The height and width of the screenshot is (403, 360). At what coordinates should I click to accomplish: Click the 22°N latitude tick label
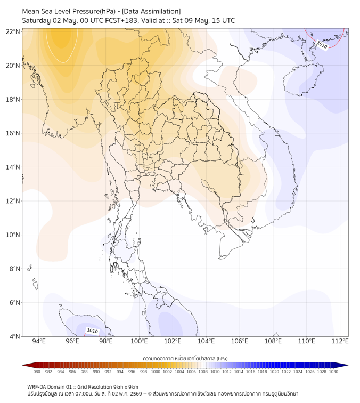(x=13, y=31)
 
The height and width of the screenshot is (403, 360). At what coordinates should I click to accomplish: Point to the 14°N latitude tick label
(x=13, y=167)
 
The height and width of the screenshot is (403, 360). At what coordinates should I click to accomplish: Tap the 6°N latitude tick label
(x=14, y=302)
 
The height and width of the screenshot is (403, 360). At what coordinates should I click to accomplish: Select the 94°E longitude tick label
(x=39, y=341)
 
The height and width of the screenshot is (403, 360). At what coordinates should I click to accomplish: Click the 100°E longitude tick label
(x=139, y=341)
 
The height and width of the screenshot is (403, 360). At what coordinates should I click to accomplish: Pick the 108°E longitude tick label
(x=273, y=341)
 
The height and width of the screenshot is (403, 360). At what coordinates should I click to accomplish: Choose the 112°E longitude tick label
(x=340, y=341)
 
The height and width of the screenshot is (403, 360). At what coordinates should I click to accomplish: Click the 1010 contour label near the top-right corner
(x=322, y=45)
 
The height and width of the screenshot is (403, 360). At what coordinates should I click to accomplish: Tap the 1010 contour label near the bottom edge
(x=93, y=331)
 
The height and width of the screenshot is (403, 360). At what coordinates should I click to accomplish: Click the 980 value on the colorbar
(x=37, y=372)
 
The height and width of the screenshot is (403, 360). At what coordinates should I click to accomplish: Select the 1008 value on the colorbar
(x=203, y=372)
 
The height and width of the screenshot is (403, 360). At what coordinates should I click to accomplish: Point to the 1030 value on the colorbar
(x=333, y=372)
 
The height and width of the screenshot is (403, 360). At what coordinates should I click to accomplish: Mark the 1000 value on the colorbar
(x=156, y=372)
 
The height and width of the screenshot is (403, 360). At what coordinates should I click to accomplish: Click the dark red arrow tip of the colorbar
(x=23, y=365)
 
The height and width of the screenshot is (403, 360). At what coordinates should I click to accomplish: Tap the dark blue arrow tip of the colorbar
(x=348, y=365)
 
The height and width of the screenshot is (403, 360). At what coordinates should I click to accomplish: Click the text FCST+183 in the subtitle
(x=121, y=21)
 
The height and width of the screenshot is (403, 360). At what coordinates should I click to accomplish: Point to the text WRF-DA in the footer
(x=36, y=387)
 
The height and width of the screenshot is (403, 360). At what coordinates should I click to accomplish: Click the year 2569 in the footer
(x=136, y=394)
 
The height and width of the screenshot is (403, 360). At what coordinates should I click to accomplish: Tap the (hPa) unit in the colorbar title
(x=222, y=358)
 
